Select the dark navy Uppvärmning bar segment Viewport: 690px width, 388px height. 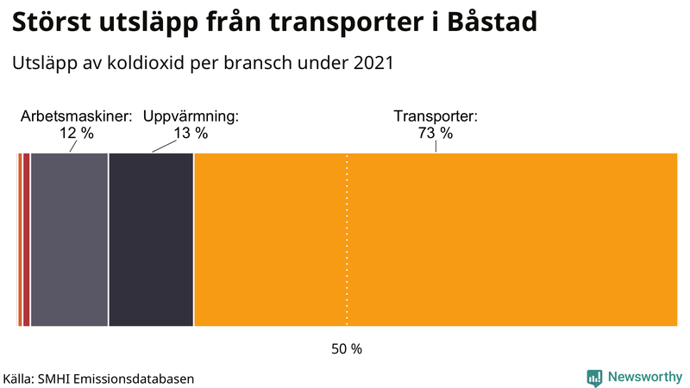point(151,240)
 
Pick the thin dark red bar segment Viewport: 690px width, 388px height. point(26,240)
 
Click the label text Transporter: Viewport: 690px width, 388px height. point(436,116)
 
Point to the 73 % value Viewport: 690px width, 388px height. point(436,133)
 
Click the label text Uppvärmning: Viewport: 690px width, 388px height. point(190,116)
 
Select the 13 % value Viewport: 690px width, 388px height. point(190,133)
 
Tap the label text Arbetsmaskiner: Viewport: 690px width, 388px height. point(76,116)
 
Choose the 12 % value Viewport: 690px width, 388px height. point(76,133)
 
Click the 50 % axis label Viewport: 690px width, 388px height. point(347,349)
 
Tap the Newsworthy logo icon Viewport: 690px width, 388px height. point(594,377)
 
